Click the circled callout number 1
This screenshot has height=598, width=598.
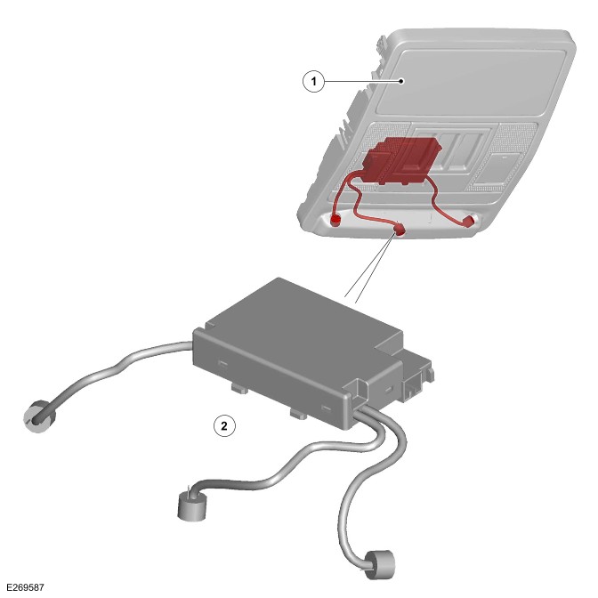(x=313, y=81)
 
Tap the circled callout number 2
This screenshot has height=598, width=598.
(x=224, y=425)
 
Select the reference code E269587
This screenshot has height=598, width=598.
(x=26, y=587)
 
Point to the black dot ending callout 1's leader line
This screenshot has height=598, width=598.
(x=400, y=81)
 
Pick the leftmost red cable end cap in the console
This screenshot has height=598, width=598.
(x=335, y=220)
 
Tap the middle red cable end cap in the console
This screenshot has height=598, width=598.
(x=399, y=230)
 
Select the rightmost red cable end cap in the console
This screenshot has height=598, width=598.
(x=469, y=221)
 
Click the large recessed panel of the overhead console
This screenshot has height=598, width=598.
(x=469, y=82)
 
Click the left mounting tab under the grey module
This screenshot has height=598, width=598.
(x=239, y=389)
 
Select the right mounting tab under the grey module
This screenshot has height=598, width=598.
(x=299, y=414)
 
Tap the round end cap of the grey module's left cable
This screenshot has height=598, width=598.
(x=39, y=416)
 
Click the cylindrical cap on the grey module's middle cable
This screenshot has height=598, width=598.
(x=193, y=505)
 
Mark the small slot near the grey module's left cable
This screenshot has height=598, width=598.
(x=222, y=364)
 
